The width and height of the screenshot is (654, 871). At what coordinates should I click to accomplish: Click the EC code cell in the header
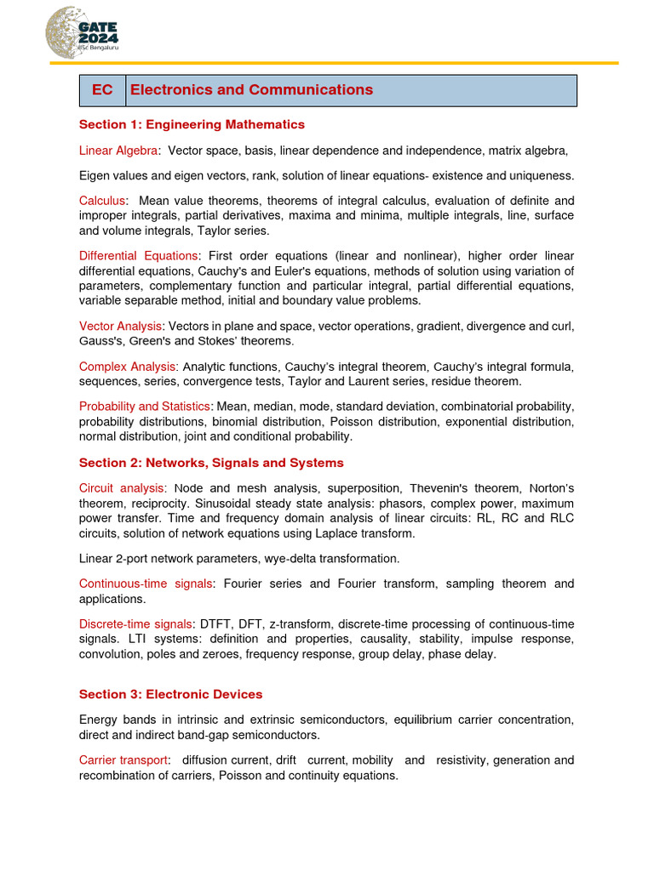(102, 90)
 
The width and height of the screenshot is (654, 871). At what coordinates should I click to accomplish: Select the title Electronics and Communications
(251, 90)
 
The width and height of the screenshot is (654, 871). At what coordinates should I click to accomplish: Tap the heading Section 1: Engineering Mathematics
(192, 125)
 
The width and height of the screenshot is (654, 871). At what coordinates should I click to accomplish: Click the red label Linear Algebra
(118, 151)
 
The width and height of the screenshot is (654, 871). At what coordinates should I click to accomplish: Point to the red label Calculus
(102, 201)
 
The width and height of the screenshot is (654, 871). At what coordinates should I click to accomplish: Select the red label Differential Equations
(139, 256)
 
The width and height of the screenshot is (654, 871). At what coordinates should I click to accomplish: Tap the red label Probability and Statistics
(144, 407)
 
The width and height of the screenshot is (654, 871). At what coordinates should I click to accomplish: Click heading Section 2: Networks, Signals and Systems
(211, 463)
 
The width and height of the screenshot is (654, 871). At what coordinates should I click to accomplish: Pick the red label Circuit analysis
(121, 488)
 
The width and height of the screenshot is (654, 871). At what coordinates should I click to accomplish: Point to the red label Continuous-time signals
(145, 584)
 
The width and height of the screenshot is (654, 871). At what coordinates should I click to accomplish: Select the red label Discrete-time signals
(136, 624)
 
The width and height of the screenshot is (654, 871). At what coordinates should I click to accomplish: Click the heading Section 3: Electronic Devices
(170, 694)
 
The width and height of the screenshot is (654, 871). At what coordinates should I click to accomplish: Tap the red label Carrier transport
(123, 760)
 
